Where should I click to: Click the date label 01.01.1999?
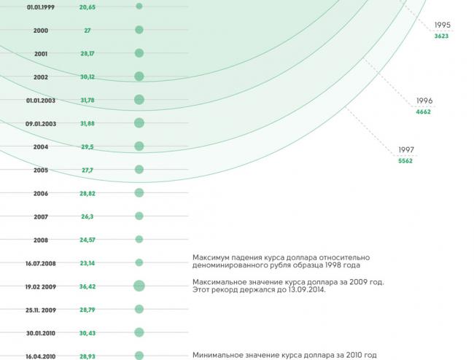(x=41, y=7)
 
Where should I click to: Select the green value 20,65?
(x=88, y=7)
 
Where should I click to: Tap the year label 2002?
(x=41, y=77)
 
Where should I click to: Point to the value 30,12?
(x=88, y=77)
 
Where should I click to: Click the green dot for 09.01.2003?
(x=139, y=123)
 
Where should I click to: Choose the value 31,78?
(x=88, y=100)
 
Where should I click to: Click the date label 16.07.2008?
(x=41, y=263)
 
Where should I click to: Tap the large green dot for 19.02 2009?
(x=139, y=286)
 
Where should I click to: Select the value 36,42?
(x=88, y=286)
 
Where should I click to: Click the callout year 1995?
(x=442, y=25)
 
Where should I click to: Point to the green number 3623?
(x=441, y=36)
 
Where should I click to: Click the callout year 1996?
(x=424, y=101)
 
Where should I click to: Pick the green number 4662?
(x=424, y=111)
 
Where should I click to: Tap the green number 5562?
(x=405, y=161)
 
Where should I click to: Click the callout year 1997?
(x=406, y=150)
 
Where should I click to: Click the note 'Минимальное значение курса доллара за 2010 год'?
(x=284, y=355)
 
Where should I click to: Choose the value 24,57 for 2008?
(x=88, y=240)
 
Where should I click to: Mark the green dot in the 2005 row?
(x=139, y=170)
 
